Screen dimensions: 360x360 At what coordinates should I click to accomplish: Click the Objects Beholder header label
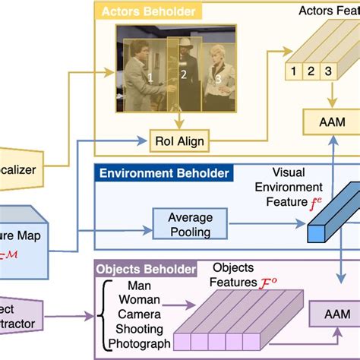(x=145, y=269)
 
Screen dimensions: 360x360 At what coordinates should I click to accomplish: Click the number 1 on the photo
(x=150, y=77)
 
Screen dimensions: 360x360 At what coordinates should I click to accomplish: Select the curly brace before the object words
(x=101, y=315)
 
